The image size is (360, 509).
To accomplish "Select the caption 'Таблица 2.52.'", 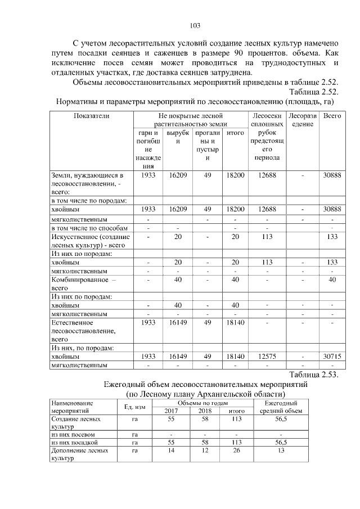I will tap(313, 92).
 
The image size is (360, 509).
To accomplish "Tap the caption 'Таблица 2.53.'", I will tap(313, 375).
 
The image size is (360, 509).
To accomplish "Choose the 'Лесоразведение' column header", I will tap(303, 119).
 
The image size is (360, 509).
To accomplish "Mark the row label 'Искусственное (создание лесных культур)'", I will tap(90, 241).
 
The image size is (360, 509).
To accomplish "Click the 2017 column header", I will tap(170, 411).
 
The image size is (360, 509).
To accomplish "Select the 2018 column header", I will tap(205, 411).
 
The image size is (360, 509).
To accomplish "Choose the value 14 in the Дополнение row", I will tap(170, 451).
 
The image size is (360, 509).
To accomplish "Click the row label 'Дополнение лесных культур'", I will tap(79, 454).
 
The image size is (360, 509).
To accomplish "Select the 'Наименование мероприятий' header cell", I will tap(79, 407).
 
